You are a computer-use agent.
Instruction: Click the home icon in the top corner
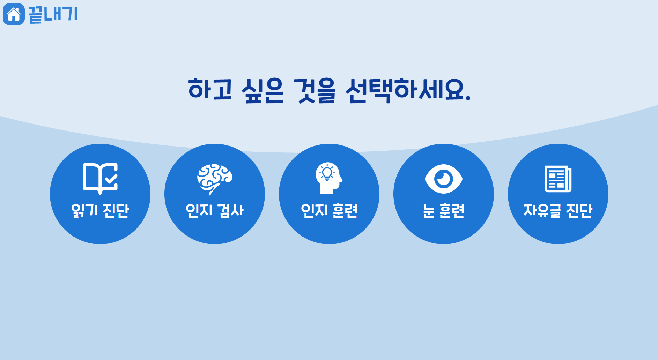tap(14, 14)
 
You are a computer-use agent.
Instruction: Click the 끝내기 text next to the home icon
tap(53, 14)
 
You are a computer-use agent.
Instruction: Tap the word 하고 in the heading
tap(210, 89)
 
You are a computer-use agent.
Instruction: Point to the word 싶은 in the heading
tap(263, 90)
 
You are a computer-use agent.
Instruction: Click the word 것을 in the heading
tap(315, 90)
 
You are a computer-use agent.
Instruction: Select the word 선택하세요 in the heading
tap(405, 90)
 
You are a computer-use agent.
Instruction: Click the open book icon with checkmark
tap(100, 178)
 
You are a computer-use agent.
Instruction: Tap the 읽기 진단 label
tap(100, 211)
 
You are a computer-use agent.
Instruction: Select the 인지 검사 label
tap(215, 211)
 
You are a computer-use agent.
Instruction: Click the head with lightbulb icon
tap(329, 178)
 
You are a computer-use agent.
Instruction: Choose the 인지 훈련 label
tap(329, 211)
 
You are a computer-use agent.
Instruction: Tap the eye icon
tap(444, 179)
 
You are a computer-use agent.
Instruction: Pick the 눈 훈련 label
tap(444, 211)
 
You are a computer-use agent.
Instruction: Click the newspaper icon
tap(558, 179)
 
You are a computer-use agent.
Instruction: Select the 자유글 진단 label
tap(558, 211)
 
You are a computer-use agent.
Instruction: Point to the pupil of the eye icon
tap(444, 179)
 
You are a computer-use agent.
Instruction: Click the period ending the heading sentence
tap(468, 98)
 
